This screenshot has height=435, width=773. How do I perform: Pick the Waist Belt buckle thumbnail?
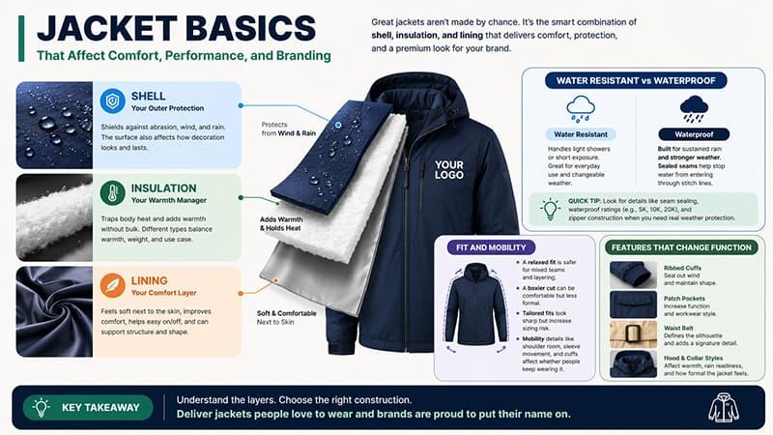tap(633, 334)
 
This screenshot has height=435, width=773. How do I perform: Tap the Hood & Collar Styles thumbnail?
tap(633, 364)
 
